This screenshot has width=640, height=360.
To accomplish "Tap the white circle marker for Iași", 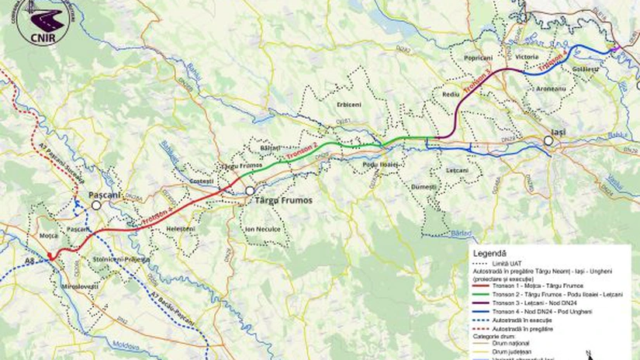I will tap(548, 141).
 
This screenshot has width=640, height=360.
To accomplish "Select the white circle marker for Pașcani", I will tap(95, 206).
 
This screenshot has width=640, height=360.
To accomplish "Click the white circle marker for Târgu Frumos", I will tap(250, 190).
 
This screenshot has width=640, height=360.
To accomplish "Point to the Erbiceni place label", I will tap(348, 104).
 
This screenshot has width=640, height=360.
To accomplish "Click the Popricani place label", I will tap(479, 58).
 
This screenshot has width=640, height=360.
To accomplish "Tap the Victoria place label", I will tap(527, 58).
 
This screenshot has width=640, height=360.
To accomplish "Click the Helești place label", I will tap(181, 230).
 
